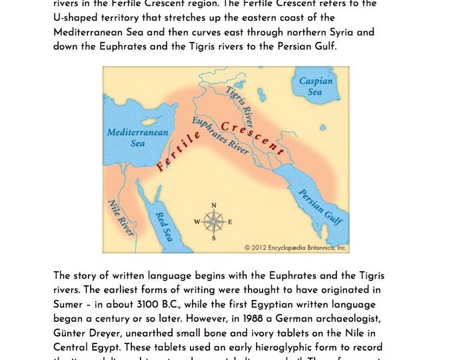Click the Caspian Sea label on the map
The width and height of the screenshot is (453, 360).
click(x=316, y=87)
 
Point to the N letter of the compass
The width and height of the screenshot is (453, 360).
click(x=213, y=205)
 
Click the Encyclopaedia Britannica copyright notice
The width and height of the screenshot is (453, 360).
click(x=295, y=247)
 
